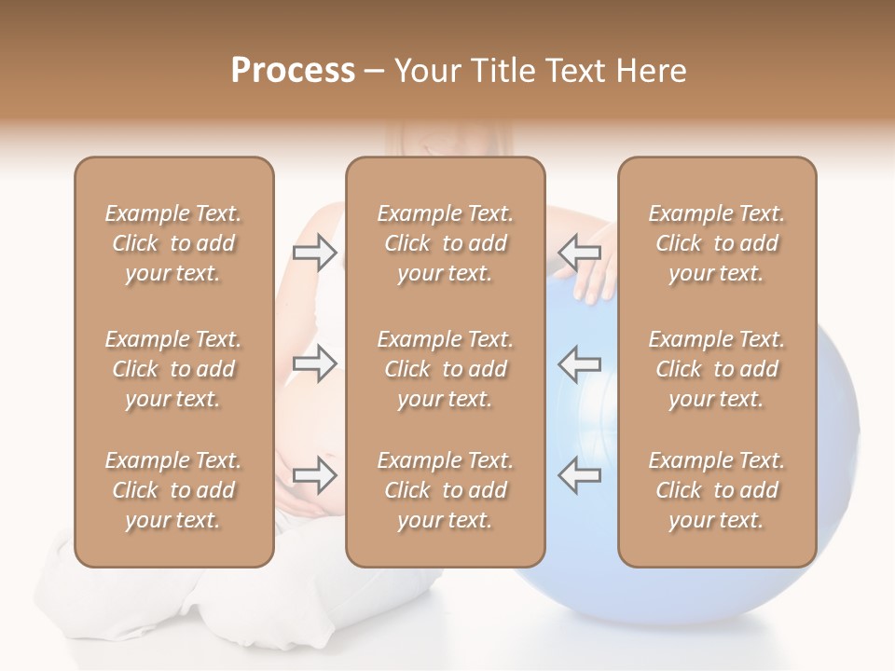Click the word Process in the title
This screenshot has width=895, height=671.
tap(293, 71)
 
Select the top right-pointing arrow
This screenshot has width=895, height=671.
tap(315, 252)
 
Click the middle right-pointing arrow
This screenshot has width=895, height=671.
tap(315, 363)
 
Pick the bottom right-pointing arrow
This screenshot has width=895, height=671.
tap(315, 474)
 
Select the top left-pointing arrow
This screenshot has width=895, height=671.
tap(580, 252)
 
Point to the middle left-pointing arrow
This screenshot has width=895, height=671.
tap(580, 363)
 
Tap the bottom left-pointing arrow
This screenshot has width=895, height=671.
tap(580, 474)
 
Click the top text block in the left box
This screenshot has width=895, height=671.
tap(173, 243)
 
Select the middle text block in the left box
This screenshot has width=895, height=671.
tap(173, 369)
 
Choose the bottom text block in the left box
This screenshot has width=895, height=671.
tap(173, 490)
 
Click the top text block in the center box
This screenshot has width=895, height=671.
tap(446, 243)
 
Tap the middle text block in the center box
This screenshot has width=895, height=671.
tap(446, 369)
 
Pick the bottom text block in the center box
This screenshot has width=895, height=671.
tap(446, 490)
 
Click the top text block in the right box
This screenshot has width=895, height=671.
tap(717, 243)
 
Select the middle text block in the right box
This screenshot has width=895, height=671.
tap(717, 369)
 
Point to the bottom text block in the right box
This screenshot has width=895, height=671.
tap(717, 490)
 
